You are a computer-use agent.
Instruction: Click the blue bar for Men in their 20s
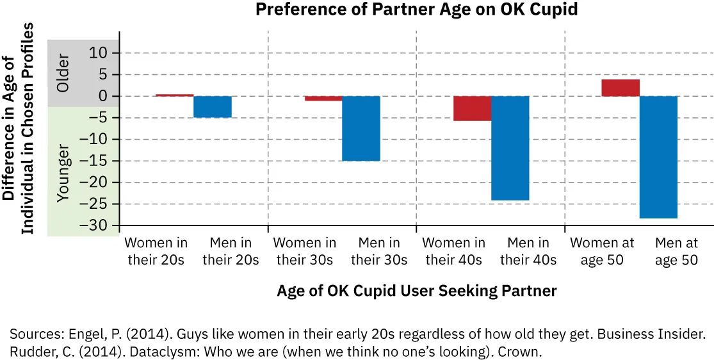213,107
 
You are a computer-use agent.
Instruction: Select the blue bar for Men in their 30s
361,128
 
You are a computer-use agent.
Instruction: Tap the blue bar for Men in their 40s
510,148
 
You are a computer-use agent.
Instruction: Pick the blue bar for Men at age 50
658,157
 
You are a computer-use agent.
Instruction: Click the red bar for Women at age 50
621,88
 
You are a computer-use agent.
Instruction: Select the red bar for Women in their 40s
473,108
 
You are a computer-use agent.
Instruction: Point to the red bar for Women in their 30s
323,99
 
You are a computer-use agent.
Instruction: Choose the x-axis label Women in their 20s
156,252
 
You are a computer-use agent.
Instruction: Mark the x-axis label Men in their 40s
528,252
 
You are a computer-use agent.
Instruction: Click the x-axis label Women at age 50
602,252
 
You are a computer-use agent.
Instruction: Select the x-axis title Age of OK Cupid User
416,291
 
